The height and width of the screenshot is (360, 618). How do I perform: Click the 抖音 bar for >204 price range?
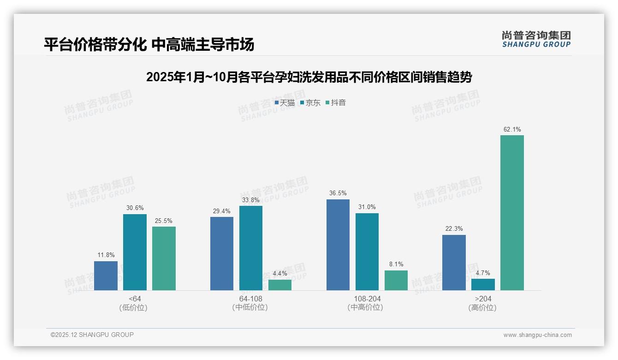coord(512,213)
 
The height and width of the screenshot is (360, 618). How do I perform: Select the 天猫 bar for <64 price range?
coord(106,276)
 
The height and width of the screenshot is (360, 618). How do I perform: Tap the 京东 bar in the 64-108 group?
coord(250,248)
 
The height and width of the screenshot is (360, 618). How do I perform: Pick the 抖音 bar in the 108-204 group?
coord(396,280)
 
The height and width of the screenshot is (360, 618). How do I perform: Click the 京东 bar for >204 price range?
coord(483,284)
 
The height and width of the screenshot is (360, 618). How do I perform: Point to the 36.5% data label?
coord(338,193)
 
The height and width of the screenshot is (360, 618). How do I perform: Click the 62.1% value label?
coord(512,129)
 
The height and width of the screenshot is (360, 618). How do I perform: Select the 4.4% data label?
coord(280,273)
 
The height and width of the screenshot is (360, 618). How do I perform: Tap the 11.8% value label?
coord(106,255)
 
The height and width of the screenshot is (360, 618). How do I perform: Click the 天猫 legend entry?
coord(285,102)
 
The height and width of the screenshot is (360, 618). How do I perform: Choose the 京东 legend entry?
coord(310,102)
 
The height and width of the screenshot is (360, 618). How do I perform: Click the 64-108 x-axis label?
coord(250,299)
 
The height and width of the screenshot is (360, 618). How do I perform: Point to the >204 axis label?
coord(483,299)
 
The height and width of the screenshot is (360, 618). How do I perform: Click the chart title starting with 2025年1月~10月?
coord(309,77)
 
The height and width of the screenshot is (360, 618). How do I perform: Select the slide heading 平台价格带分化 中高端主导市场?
coord(149,45)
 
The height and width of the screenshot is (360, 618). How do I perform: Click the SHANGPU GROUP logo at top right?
coord(536,39)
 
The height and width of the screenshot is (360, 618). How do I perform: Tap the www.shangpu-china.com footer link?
coord(537,335)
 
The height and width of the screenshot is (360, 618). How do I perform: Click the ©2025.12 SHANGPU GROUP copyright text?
coord(92,335)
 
